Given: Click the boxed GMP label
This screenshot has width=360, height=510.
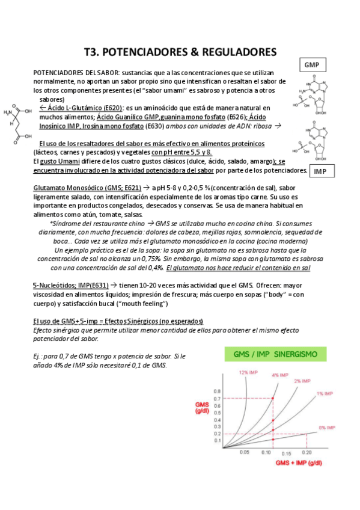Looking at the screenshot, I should (x=311, y=64).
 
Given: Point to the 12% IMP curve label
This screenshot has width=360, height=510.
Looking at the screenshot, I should (x=248, y=372).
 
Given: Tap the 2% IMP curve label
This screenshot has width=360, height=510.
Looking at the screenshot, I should (x=302, y=381).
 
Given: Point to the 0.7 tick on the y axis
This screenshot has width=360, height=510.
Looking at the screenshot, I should (x=217, y=398).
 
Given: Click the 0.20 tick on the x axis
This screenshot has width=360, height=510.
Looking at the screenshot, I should (x=307, y=452).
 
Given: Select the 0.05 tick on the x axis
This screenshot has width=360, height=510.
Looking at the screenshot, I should (x=245, y=452).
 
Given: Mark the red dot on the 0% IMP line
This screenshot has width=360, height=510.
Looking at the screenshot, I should (x=306, y=434).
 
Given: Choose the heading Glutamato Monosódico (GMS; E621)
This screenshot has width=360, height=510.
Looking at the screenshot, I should (x=87, y=188).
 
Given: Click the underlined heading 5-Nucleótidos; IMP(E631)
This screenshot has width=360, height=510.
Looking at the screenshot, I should (x=70, y=285).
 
